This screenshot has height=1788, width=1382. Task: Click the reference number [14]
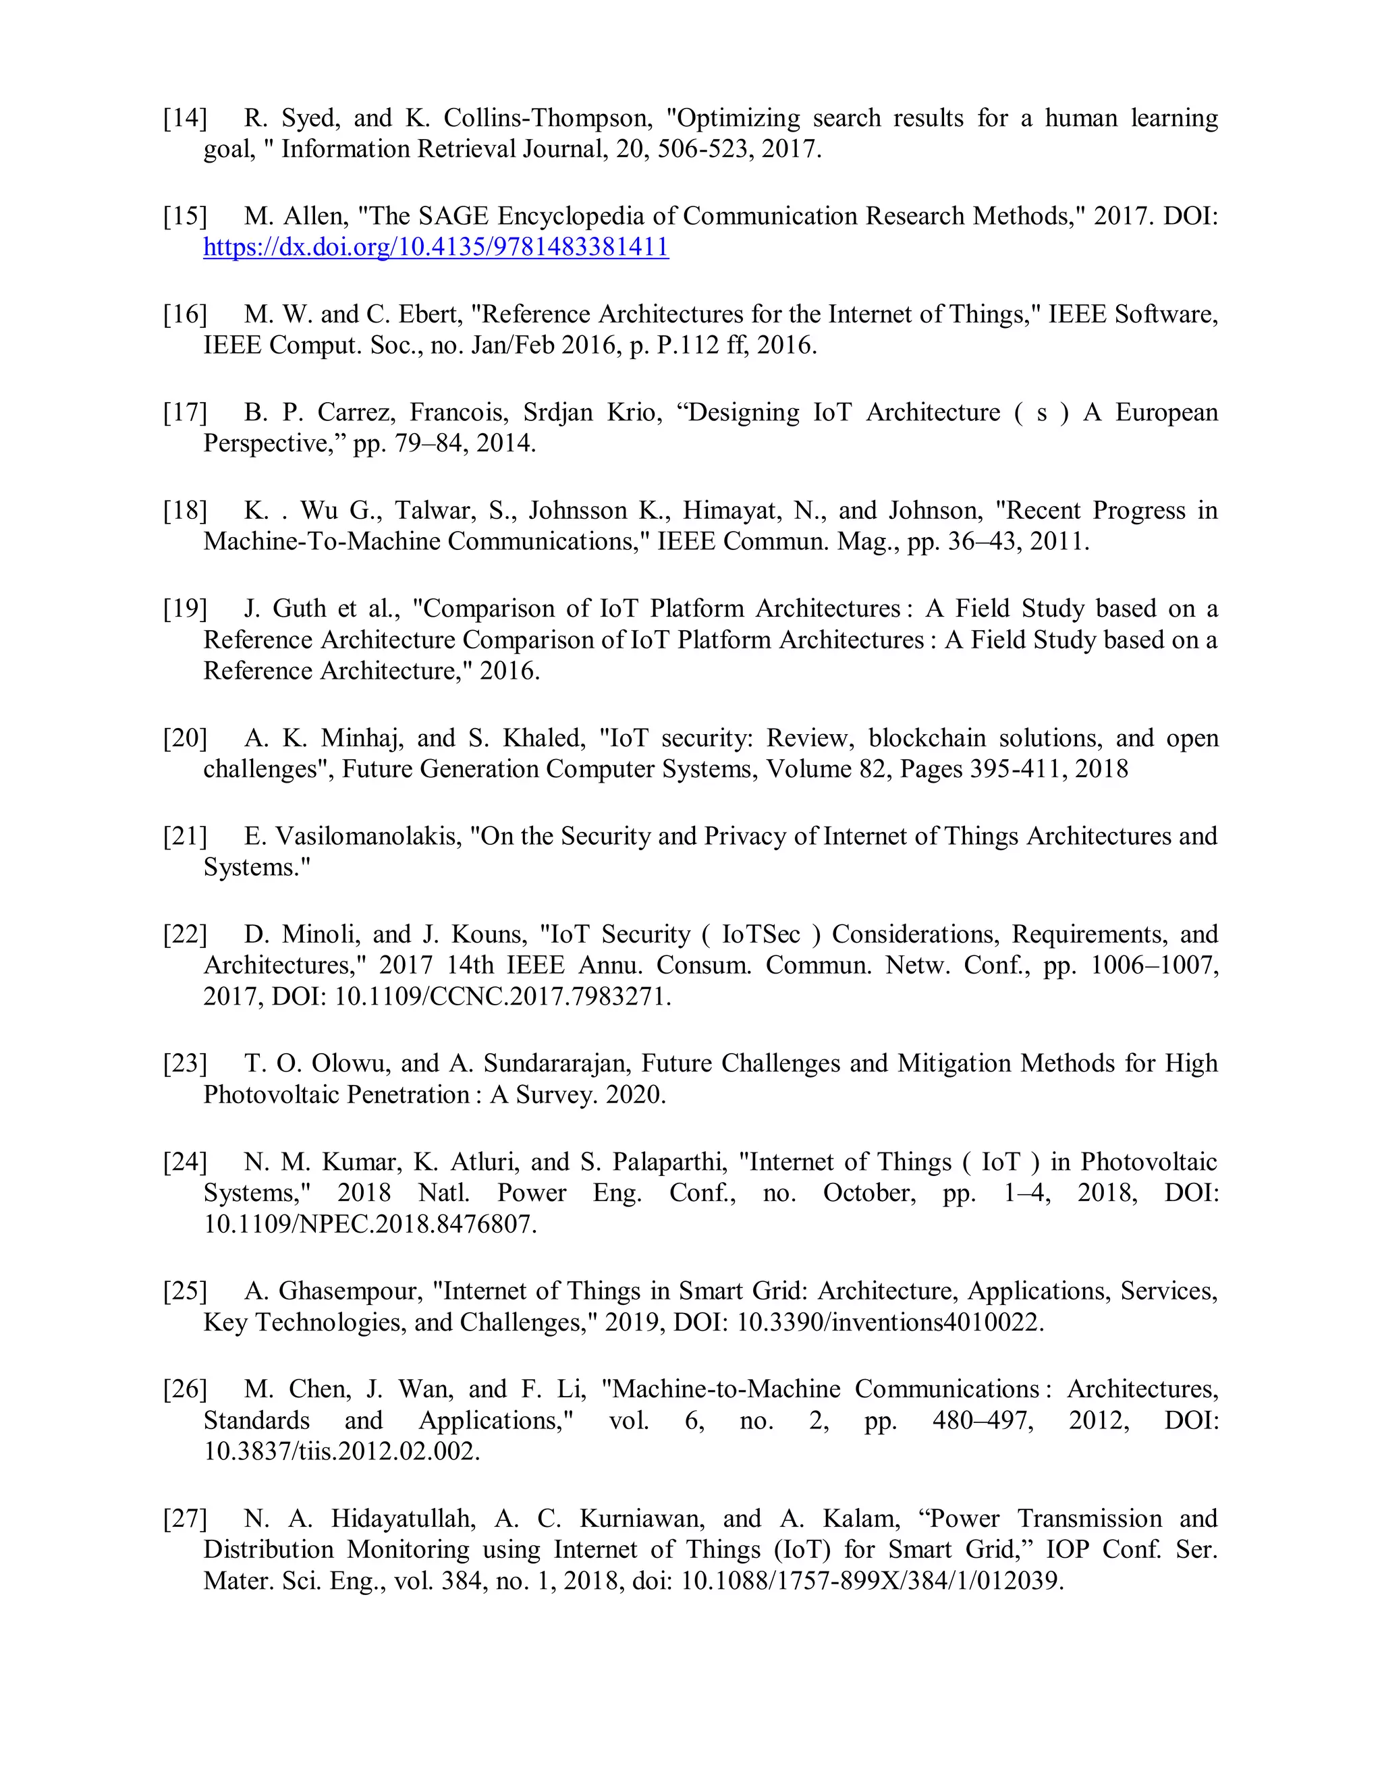[x=184, y=119]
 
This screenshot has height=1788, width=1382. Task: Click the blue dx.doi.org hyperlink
[x=435, y=247]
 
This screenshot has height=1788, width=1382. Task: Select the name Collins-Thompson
[x=548, y=119]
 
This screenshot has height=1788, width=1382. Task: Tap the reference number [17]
[x=184, y=413]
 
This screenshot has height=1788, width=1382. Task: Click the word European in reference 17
[x=1166, y=413]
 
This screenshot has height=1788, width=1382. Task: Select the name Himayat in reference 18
[x=731, y=511]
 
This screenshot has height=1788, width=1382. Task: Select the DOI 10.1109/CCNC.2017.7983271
[x=502, y=997]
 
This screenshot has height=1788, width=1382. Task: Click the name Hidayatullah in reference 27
[x=403, y=1519]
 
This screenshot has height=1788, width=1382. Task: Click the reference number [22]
[x=184, y=935]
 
